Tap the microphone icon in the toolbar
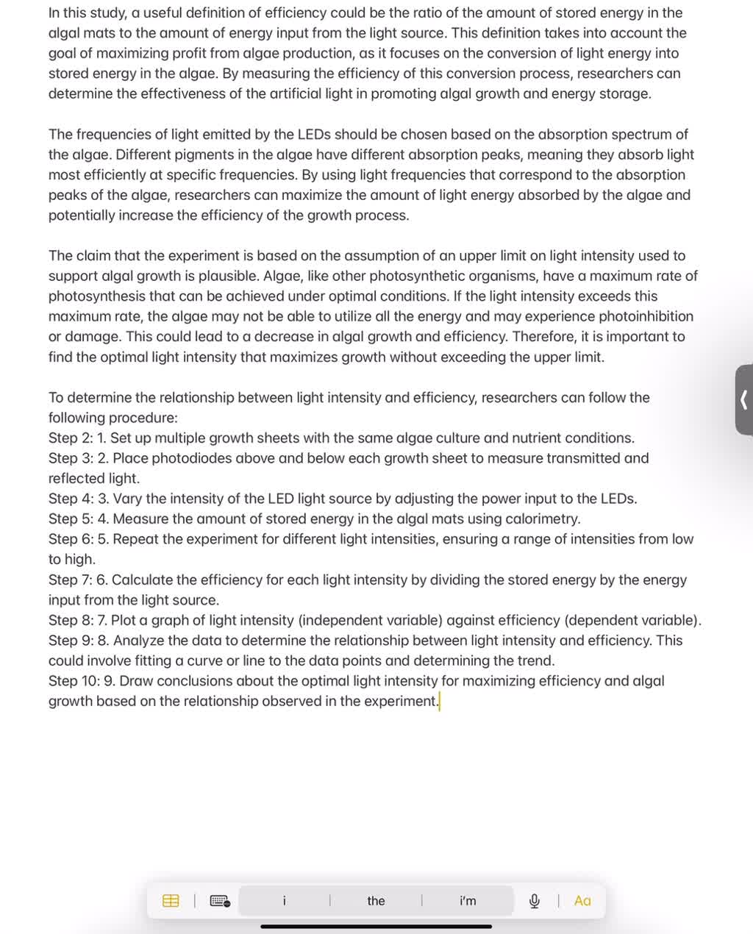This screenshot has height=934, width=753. pos(535,901)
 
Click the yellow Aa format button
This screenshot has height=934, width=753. pos(582,901)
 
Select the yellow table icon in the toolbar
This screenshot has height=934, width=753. pos(171,901)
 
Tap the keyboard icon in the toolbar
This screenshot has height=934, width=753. pos(220,901)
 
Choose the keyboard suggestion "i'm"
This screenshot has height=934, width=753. pos(468,901)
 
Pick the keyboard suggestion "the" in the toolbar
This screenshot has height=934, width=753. pos(376,901)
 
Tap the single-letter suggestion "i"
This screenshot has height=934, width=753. pos(285,901)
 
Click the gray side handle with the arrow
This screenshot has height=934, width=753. pos(743,400)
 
